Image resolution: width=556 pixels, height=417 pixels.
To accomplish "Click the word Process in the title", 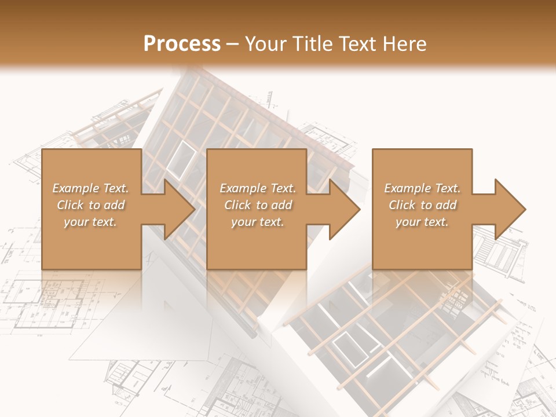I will [182, 44].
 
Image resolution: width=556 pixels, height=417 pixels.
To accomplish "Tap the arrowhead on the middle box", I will [344, 209].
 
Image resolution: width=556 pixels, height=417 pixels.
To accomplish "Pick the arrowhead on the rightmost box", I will [510, 209].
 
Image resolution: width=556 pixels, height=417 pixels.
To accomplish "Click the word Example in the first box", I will [75, 188].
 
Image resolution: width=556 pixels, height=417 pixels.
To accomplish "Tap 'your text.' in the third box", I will [422, 222].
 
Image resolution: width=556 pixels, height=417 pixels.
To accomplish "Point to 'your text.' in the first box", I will [90, 222].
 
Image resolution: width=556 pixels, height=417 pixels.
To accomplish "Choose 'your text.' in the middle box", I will [258, 222].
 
